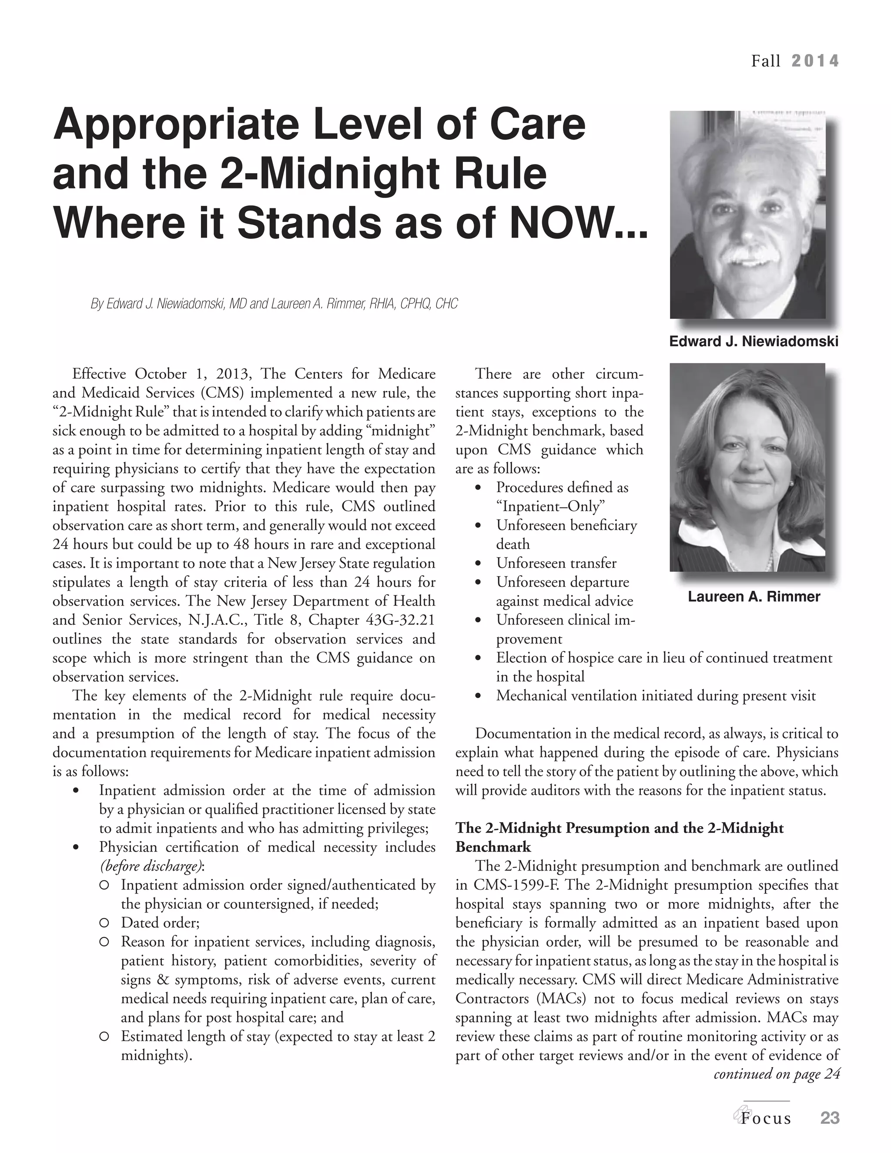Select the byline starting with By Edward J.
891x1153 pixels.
coord(274,304)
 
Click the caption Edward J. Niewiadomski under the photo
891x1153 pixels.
coord(753,342)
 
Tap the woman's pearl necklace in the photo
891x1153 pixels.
coord(771,560)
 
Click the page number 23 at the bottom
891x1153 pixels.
coord(829,1118)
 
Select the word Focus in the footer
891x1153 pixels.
coord(765,1119)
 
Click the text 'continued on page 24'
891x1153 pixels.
coord(776,1074)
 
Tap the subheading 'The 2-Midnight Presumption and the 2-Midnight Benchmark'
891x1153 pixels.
coord(619,837)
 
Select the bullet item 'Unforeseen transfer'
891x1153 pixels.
coord(556,563)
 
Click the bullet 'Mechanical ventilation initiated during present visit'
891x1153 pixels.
coord(656,696)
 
